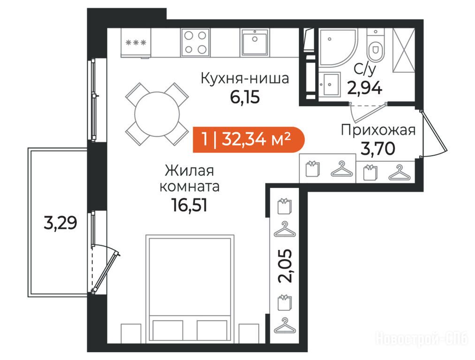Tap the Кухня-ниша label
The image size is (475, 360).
tap(245, 78)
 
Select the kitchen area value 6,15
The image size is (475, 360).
tap(245, 97)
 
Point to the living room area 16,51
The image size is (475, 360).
tap(189, 205)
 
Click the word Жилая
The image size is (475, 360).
tap(189, 171)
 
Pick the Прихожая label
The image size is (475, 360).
tap(378, 130)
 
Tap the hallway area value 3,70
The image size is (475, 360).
tap(378, 149)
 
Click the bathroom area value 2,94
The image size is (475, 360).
tap(365, 88)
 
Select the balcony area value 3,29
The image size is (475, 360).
tap(60, 223)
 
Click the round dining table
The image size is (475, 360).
tap(157, 114)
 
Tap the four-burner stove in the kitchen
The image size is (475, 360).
tap(196, 42)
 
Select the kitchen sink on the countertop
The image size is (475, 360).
tap(255, 42)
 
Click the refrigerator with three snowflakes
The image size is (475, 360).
tap(136, 43)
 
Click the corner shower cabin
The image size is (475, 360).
tap(337, 47)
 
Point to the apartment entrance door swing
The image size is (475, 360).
tap(433, 133)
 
